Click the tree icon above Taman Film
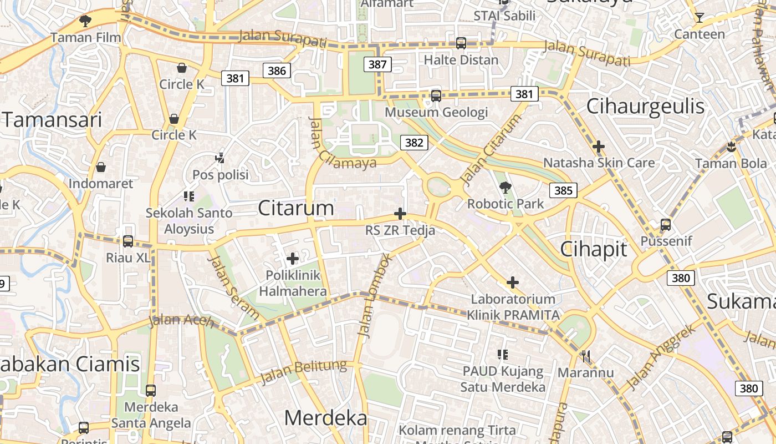point(85,21)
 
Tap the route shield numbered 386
point(277,70)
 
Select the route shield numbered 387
point(377,64)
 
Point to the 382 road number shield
point(414,143)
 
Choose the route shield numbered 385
point(563,191)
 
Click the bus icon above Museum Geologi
point(436,96)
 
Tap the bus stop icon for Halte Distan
point(461,43)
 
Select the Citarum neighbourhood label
point(296,208)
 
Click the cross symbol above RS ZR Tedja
point(400,214)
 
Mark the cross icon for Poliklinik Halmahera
point(293,258)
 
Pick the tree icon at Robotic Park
point(505,187)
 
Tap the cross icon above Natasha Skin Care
point(598,147)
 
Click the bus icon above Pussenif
point(665,225)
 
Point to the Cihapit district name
point(594,249)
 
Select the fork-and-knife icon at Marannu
point(585,355)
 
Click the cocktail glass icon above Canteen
point(699,18)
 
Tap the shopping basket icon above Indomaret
point(101,167)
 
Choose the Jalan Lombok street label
point(375,295)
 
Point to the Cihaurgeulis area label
point(645,106)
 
